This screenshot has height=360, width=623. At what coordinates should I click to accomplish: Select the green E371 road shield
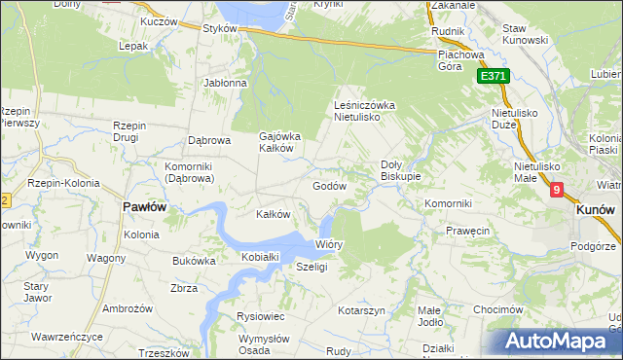tap(493, 77)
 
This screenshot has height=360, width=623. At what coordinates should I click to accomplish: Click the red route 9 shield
tap(556, 192)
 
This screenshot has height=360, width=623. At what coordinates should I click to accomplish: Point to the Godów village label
tap(329, 186)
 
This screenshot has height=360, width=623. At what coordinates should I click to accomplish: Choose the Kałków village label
tap(273, 214)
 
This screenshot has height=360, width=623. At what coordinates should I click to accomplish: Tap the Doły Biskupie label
tap(400, 170)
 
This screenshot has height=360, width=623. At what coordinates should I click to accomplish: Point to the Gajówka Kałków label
tap(278, 142)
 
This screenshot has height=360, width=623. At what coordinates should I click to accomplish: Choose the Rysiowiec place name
tap(260, 316)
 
